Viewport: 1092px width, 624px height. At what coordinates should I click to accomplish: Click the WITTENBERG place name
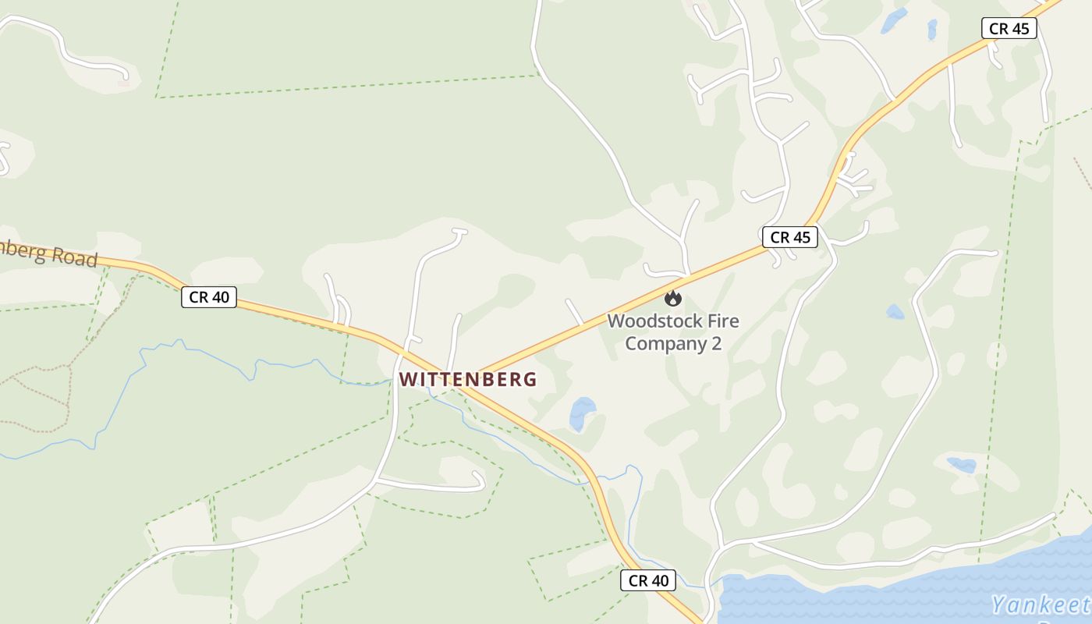[468, 380]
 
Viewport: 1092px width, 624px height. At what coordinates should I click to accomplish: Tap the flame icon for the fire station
[672, 297]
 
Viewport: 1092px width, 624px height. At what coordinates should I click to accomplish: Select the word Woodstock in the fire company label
[652, 321]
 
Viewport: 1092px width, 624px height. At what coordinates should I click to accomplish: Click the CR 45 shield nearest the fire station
[790, 238]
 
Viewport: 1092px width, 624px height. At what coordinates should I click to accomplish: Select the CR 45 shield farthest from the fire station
[1009, 29]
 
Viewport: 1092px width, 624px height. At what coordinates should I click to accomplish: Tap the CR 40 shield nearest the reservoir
[648, 580]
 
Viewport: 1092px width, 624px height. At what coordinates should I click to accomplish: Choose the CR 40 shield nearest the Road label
[208, 297]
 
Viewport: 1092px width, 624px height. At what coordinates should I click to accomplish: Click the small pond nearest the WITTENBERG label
[582, 412]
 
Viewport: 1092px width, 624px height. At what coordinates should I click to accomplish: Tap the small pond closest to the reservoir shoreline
[962, 465]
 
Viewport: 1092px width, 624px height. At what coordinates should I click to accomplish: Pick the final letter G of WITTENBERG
[530, 380]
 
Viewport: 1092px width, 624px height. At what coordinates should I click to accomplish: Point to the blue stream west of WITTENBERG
[234, 361]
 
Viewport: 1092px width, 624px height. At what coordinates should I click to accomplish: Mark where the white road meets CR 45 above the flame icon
[687, 276]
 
